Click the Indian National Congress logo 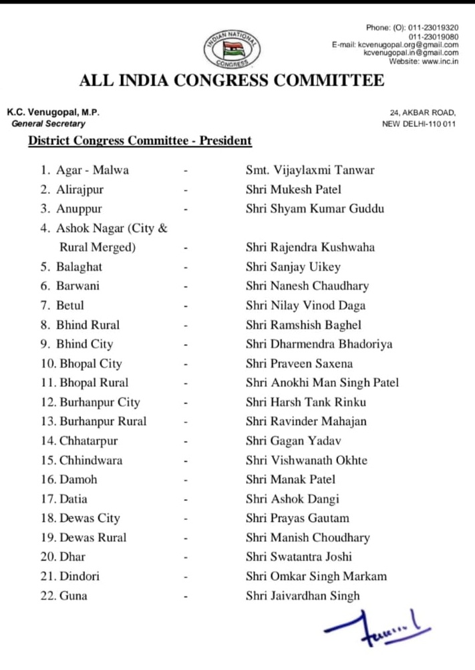[x=233, y=47]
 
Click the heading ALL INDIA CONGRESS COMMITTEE [x=232, y=81]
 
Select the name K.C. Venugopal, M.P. [x=53, y=112]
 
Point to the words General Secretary [x=48, y=124]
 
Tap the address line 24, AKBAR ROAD [x=423, y=113]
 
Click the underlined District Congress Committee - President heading [x=140, y=141]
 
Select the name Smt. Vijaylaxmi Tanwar [x=310, y=170]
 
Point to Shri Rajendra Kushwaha [x=310, y=247]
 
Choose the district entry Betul [x=70, y=305]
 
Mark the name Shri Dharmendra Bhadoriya [x=319, y=344]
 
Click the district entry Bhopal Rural [x=94, y=383]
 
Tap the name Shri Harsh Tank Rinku [x=305, y=402]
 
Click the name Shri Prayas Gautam [x=297, y=518]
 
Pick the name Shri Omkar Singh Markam [x=316, y=576]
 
